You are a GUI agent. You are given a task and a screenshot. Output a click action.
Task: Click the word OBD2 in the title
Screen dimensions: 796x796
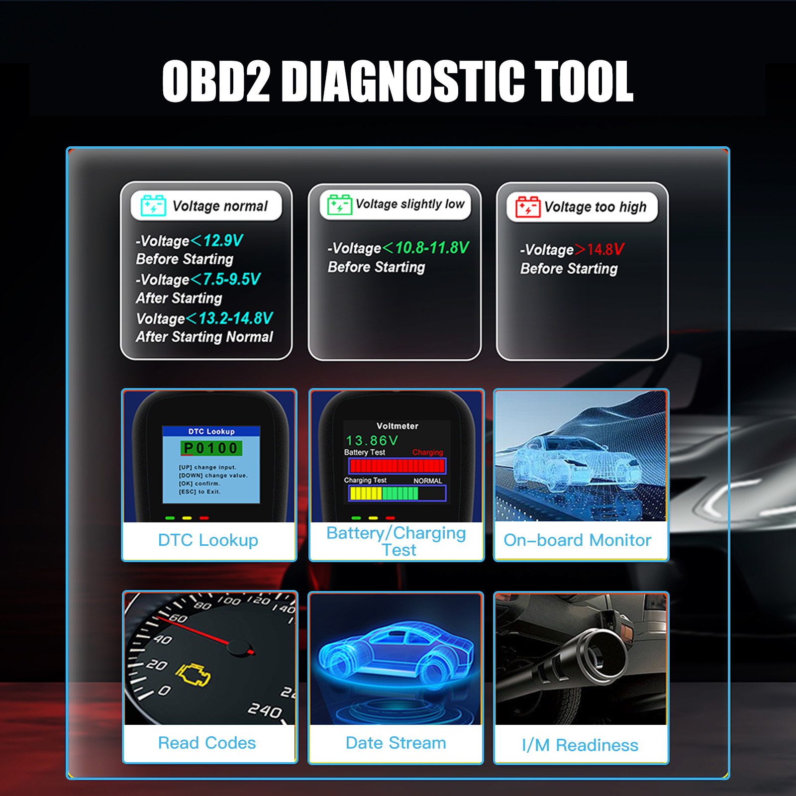216,81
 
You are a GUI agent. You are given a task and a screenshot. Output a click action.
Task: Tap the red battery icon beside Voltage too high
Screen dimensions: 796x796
527,206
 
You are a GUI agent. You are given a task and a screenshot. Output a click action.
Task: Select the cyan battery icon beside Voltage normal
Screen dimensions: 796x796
153,205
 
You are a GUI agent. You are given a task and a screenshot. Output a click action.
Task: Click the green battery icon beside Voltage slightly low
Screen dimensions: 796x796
339,204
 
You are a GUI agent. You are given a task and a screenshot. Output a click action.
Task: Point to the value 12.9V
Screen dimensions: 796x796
223,241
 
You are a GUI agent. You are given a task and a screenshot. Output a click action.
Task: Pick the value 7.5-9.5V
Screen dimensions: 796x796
231,279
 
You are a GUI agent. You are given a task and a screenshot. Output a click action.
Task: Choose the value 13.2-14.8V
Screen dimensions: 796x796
235,318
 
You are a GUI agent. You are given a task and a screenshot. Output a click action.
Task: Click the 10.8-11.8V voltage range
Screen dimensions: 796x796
432,247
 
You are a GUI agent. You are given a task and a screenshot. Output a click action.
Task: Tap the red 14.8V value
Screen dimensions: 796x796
605,249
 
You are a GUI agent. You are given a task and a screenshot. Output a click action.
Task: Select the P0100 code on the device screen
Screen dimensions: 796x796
211,448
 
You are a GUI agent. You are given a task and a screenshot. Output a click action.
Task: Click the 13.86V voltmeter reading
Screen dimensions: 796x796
372,440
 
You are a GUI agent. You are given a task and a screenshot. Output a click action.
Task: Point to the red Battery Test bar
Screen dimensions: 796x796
397,466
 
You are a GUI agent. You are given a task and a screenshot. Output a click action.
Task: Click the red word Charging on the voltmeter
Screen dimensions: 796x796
427,452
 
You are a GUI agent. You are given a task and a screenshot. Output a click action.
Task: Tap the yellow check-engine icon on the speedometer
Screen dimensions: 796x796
193,675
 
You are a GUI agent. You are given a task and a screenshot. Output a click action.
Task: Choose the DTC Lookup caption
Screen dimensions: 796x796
208,540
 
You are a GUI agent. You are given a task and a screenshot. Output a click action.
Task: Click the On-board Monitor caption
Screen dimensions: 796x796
577,540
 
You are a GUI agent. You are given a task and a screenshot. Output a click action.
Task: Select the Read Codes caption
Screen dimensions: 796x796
207,743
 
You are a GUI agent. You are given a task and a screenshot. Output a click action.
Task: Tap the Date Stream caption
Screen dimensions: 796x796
396,743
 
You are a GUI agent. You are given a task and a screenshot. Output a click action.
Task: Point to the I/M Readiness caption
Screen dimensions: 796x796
580,745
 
